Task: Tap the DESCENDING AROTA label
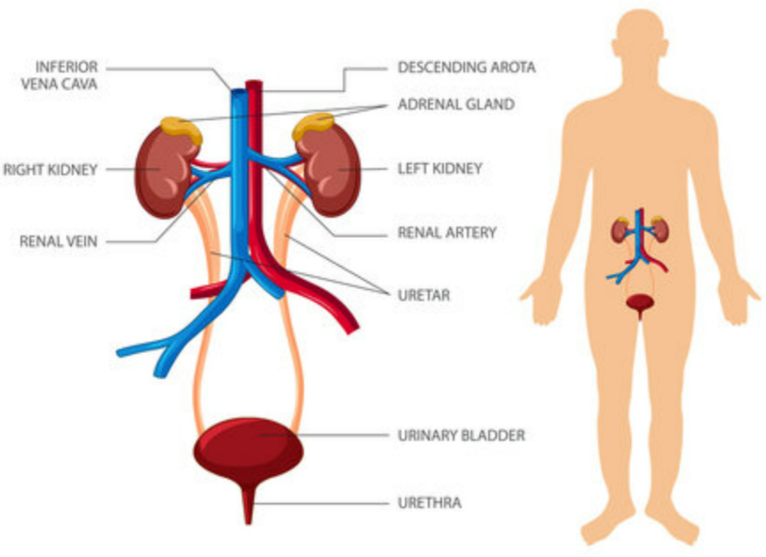click(466, 68)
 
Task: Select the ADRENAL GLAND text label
click(456, 104)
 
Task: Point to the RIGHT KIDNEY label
click(50, 169)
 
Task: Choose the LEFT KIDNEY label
click(440, 168)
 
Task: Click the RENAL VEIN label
click(58, 242)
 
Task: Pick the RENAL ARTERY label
click(447, 232)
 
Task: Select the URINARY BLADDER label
click(461, 435)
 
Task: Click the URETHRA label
click(430, 502)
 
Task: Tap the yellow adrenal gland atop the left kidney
click(314, 126)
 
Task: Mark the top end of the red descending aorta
click(253, 84)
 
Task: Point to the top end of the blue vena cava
click(237, 93)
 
